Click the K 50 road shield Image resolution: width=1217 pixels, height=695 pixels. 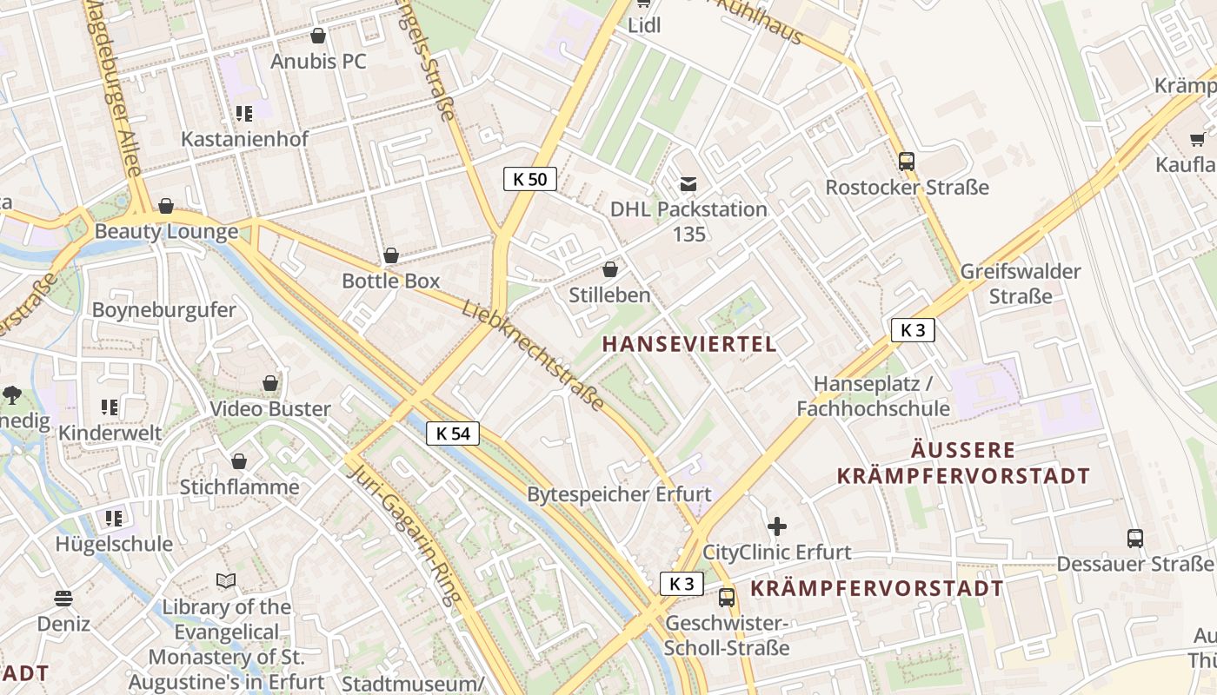point(530,179)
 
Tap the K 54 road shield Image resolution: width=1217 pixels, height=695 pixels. point(453,433)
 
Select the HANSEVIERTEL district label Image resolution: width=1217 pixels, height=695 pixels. point(689,344)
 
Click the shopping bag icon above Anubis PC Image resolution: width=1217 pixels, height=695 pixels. point(318,36)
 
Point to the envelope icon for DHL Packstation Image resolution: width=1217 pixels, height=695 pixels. point(688,183)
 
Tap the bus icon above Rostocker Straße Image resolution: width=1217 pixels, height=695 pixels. point(907,161)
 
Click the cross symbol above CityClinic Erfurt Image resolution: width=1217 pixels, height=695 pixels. point(777,526)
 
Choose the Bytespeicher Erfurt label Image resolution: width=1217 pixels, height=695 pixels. point(619,494)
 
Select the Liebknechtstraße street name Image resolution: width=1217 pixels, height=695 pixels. point(533,355)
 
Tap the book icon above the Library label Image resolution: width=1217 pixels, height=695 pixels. point(226,580)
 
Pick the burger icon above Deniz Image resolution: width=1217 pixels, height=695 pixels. point(63,598)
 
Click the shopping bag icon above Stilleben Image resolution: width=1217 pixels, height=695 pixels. point(610,269)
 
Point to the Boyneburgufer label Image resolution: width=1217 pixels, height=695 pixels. point(163,310)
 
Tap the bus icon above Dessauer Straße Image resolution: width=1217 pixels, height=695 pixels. point(1135,538)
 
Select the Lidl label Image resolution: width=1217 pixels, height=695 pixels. point(644,25)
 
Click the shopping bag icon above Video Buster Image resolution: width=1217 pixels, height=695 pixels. point(270,383)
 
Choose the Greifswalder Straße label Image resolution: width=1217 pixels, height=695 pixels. point(1021,283)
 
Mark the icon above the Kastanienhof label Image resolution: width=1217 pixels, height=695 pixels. point(243,113)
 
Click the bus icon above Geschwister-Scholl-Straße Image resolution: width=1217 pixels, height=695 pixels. point(727,598)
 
